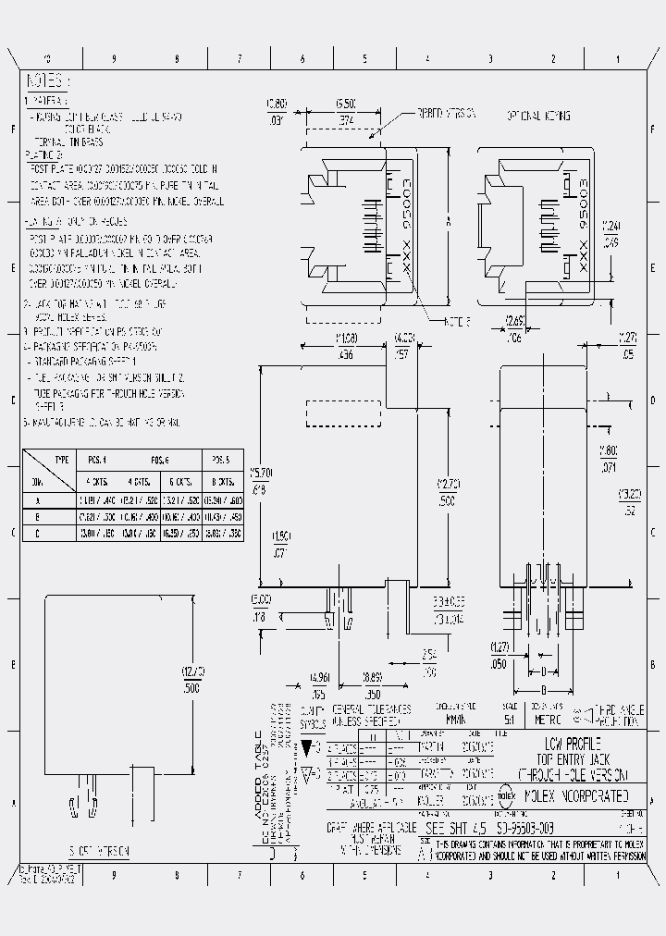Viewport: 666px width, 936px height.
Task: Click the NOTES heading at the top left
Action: (46, 80)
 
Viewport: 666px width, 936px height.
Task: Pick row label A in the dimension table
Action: (36, 500)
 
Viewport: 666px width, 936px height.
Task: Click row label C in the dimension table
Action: (36, 533)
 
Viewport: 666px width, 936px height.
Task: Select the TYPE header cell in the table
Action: (62, 459)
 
